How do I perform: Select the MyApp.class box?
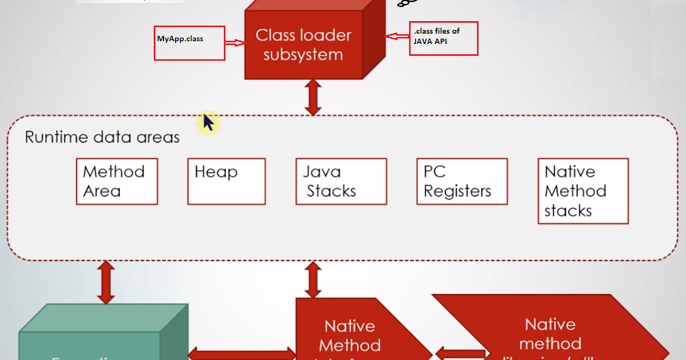[189, 43]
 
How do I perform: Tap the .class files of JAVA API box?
[443, 38]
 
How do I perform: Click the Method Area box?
[117, 181]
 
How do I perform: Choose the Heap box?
[226, 181]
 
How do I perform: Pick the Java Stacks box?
[341, 181]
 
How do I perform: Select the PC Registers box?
[462, 181]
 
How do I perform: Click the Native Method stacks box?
[583, 191]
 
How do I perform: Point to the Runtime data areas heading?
[102, 138]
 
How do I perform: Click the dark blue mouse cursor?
[209, 122]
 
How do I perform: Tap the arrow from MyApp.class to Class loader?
[234, 43]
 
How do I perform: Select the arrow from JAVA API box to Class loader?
[397, 37]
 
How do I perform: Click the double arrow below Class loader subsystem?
[312, 98]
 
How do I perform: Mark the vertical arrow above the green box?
[106, 282]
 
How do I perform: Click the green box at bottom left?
[97, 340]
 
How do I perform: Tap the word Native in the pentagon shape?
[350, 326]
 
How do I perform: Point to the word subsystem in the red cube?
[303, 55]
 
